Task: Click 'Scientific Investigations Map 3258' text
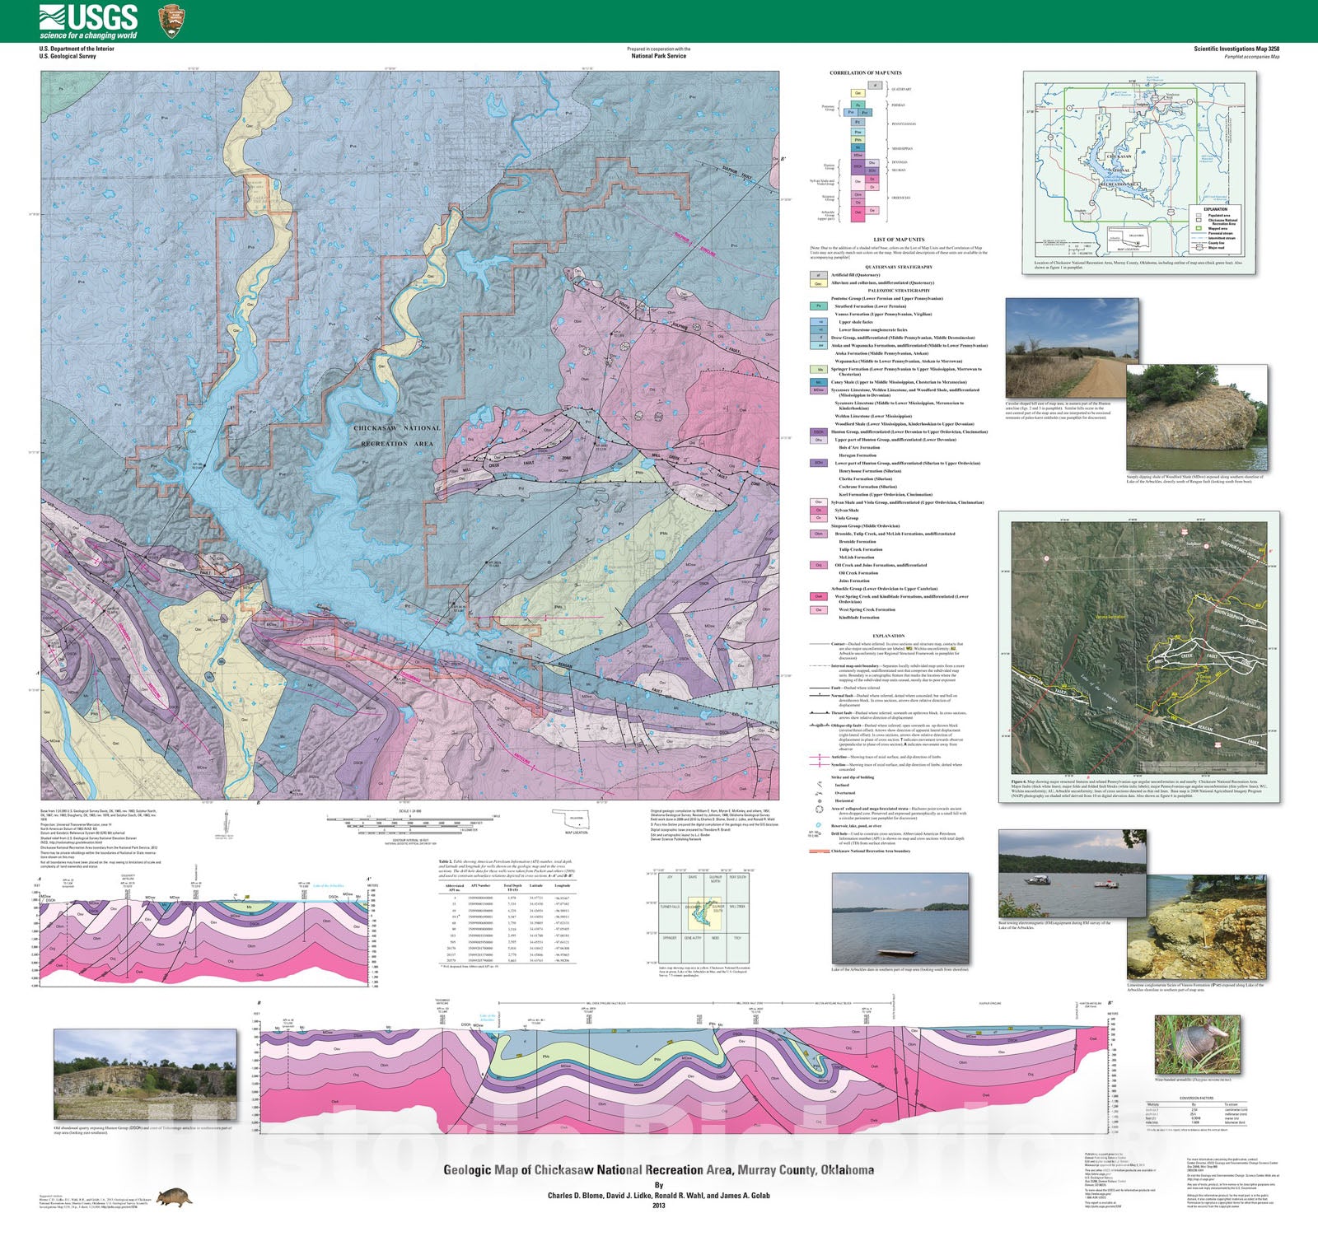point(1236,49)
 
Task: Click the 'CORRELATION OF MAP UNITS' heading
point(865,72)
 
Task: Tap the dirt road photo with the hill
point(1071,348)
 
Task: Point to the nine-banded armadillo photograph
point(1197,1044)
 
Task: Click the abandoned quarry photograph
point(144,1075)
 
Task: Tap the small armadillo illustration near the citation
point(175,1196)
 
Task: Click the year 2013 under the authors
point(658,1206)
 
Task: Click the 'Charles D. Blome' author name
point(581,1195)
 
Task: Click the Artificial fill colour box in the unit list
point(818,275)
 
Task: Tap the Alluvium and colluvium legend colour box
point(818,283)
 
